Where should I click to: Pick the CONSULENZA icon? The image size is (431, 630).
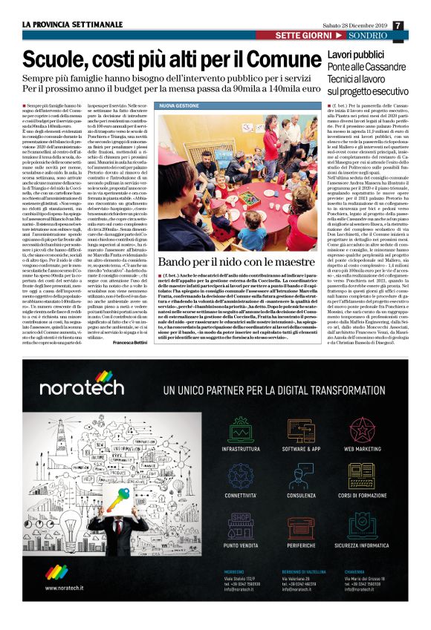click(x=300, y=475)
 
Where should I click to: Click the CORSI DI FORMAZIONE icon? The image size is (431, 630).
click(x=362, y=475)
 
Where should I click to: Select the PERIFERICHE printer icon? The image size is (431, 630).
click(x=300, y=523)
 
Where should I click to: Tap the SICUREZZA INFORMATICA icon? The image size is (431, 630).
click(x=362, y=523)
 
